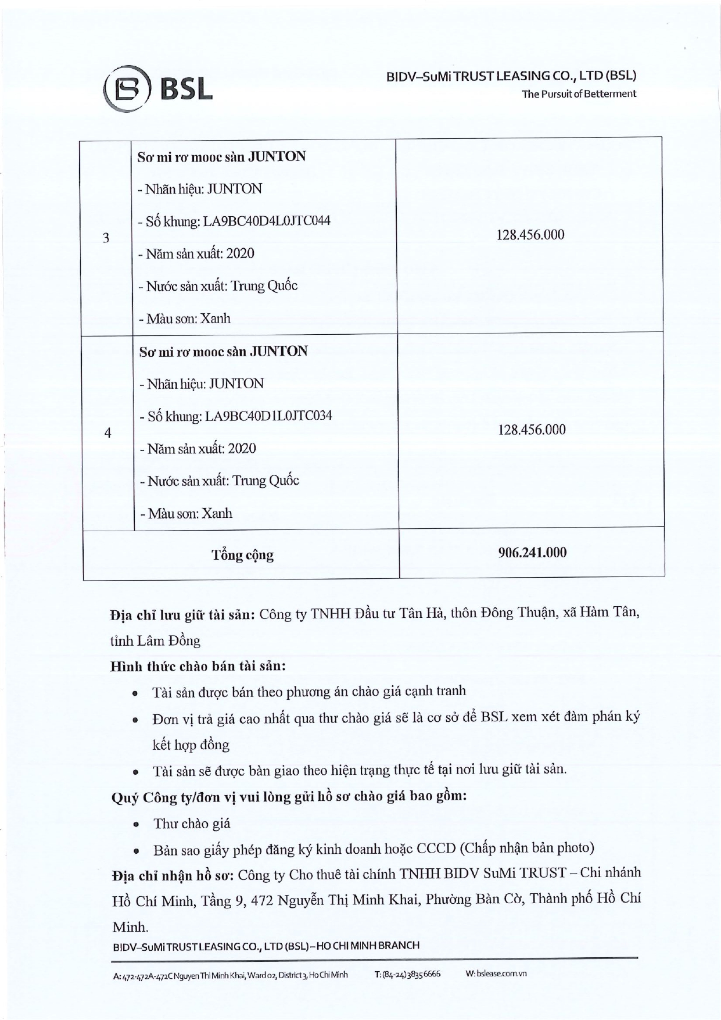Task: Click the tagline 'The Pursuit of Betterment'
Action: click(x=579, y=94)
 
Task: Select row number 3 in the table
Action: click(x=106, y=238)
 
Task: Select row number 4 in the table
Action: click(x=107, y=433)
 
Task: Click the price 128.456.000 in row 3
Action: click(x=530, y=235)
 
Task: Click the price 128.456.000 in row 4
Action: click(x=532, y=430)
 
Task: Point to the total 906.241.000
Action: click(x=532, y=552)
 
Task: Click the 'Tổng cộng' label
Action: click(x=242, y=555)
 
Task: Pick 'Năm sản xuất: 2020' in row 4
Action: click(x=198, y=449)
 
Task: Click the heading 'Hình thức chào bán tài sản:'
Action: click(x=198, y=666)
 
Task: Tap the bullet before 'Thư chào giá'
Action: click(x=135, y=825)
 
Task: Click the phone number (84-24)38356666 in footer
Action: click(x=407, y=974)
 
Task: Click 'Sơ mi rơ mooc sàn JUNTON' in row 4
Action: click(x=223, y=352)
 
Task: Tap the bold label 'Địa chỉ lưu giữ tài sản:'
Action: click(x=182, y=615)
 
